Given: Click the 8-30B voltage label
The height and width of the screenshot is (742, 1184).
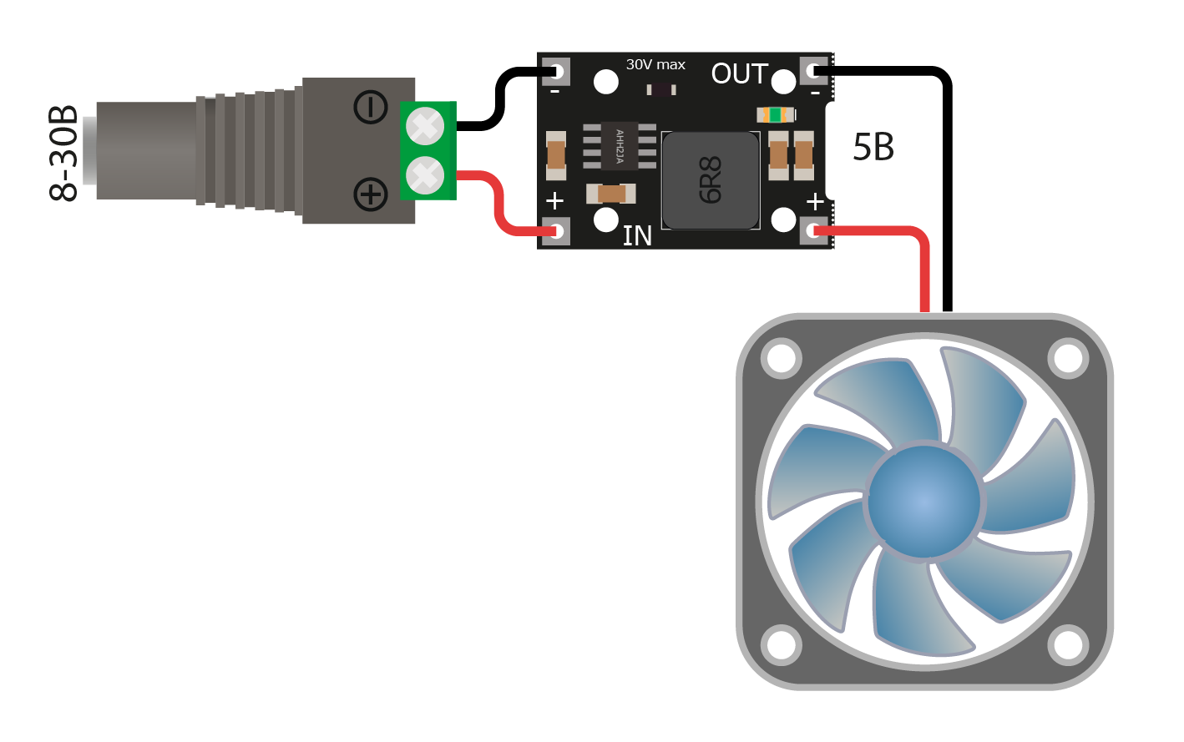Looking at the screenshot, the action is click(x=63, y=154).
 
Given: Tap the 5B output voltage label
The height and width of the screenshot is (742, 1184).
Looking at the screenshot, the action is click(x=873, y=147).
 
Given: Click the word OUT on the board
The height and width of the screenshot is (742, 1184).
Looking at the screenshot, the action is click(x=740, y=73).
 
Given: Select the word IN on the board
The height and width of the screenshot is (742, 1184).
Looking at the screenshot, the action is click(x=637, y=235).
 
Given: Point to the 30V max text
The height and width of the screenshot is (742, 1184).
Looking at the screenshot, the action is click(x=655, y=64).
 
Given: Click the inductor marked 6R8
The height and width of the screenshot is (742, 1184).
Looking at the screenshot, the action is click(x=711, y=180).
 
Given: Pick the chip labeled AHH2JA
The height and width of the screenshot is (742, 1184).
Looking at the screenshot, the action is click(x=620, y=146).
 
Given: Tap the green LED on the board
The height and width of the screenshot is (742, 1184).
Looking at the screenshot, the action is click(x=776, y=114).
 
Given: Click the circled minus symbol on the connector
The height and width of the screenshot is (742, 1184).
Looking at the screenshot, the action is click(x=371, y=108).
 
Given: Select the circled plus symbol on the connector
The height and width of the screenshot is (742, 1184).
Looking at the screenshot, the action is click(x=371, y=194).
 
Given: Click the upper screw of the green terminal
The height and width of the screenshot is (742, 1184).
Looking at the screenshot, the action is click(x=425, y=126).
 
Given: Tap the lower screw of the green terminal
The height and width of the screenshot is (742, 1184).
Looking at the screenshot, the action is click(x=425, y=175).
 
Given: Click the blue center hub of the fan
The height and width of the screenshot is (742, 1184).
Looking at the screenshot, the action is click(x=924, y=501).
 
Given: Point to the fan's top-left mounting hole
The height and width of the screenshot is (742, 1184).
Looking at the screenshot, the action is click(x=782, y=358).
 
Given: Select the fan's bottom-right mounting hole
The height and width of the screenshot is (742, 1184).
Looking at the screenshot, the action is click(x=1068, y=645).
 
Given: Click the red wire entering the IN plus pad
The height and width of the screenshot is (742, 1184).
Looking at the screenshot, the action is click(x=499, y=202).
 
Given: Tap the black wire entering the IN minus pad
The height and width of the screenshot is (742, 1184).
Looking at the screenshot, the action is click(x=499, y=98).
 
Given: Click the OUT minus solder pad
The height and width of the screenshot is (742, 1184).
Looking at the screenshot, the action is click(x=814, y=71).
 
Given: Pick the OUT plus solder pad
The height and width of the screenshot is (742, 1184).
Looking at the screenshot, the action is click(x=814, y=231).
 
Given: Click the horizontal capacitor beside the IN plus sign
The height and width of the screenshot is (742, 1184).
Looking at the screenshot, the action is click(x=611, y=194).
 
